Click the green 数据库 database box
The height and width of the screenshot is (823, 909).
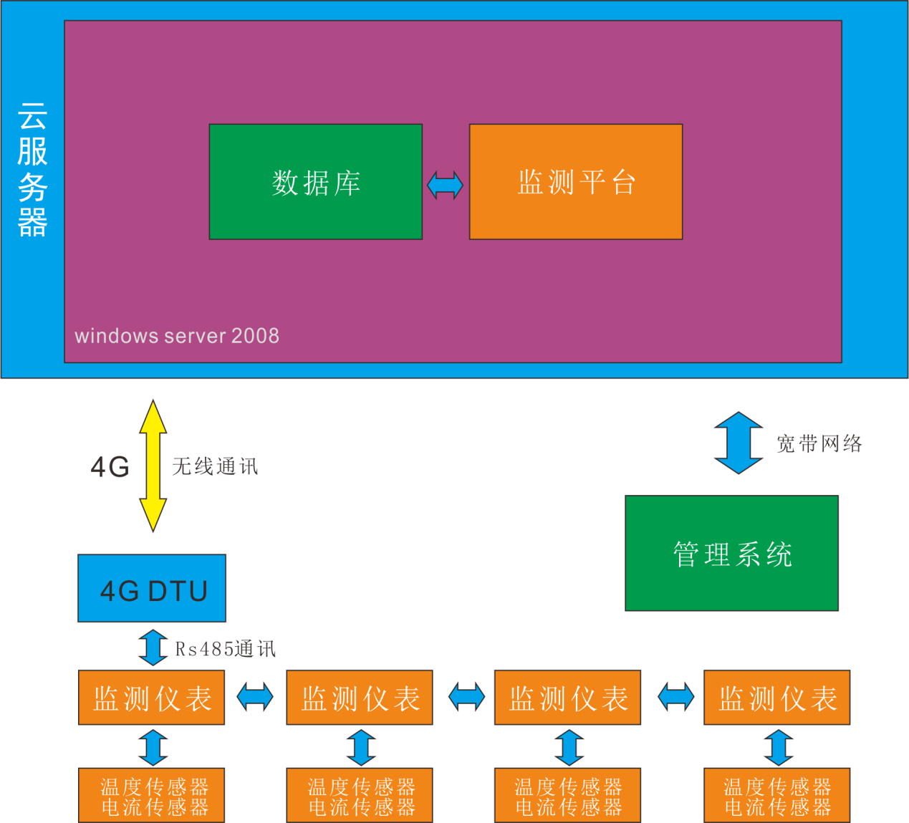pos(315,182)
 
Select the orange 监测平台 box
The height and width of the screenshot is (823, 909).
pos(575,182)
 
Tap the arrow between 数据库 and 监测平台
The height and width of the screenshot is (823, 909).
pos(445,185)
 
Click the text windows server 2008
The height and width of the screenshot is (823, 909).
pos(177,336)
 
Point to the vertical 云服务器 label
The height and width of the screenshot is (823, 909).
pos(33,169)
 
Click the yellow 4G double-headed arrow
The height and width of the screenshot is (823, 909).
pos(153,466)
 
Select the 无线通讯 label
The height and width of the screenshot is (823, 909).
pos(215,467)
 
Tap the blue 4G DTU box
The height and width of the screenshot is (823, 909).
pos(152,589)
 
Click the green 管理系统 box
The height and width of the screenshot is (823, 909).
pos(731,553)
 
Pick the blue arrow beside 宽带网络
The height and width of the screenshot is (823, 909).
pos(739,443)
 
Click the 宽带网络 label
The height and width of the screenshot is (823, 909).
pos(819,444)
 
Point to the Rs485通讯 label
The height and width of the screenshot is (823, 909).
pos(226,649)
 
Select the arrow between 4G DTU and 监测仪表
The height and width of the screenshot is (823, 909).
pos(153,647)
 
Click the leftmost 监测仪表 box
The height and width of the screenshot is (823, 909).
pos(151,698)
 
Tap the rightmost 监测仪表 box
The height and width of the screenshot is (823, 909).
pos(776,698)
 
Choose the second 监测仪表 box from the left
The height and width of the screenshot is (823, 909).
pos(360,698)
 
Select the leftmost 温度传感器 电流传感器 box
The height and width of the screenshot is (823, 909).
pos(151,796)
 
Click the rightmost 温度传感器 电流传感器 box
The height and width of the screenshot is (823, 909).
pos(776,796)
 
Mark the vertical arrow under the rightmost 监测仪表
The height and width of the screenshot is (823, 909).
pos(779,747)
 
